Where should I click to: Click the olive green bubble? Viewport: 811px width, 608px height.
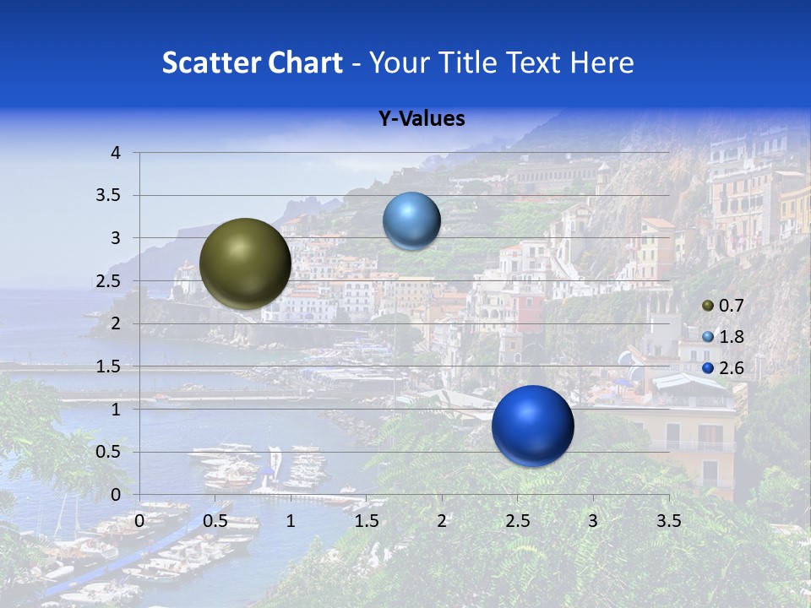tap(245, 263)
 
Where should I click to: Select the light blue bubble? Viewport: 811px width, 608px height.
tap(411, 220)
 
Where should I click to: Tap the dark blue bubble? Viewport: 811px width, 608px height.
tap(532, 426)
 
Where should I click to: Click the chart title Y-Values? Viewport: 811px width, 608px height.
tap(421, 119)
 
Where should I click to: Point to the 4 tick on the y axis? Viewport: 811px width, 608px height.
tap(116, 153)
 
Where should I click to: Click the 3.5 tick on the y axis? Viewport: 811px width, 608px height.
tap(110, 195)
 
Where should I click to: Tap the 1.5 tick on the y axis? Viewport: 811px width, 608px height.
tap(110, 366)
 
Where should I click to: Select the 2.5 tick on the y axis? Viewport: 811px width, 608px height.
tap(110, 281)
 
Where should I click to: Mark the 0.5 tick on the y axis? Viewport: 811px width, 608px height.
tap(110, 452)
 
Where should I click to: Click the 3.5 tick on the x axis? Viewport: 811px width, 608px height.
tap(668, 521)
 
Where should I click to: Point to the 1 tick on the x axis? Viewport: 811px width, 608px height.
tap(291, 521)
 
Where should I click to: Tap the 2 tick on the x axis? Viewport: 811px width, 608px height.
tap(442, 521)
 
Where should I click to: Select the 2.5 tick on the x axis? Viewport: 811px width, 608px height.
tap(517, 521)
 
